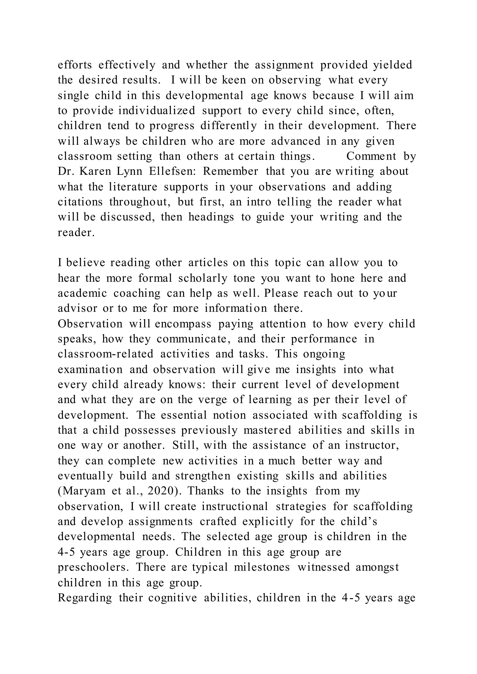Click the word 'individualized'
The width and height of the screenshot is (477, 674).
point(157,111)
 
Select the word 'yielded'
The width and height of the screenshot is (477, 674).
point(392,65)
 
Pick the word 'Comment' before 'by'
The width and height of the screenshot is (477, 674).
point(371,156)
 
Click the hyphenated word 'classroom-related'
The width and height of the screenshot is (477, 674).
point(106,354)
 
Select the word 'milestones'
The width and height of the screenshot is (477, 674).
point(262,567)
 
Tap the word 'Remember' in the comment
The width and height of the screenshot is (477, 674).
point(231,172)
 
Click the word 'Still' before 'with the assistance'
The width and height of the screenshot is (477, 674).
point(181,445)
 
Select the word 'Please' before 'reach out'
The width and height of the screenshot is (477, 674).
point(281,293)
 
